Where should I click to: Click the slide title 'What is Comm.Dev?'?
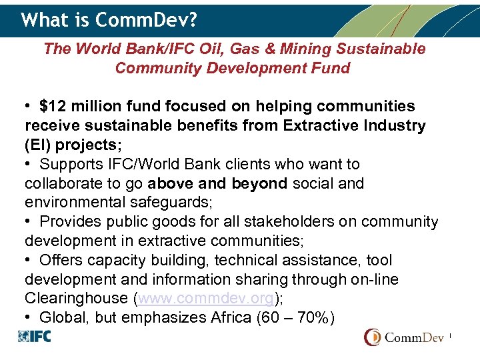[109, 20]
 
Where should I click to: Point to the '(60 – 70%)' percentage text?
[295, 317]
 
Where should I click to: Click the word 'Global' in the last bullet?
[63, 317]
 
